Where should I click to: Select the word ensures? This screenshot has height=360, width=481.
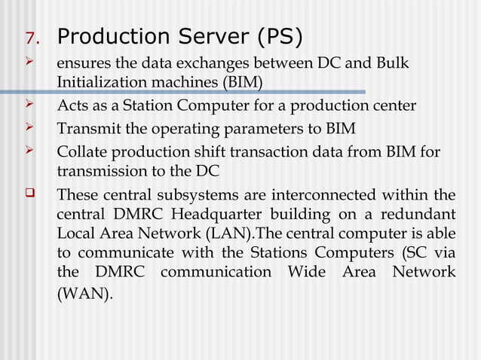pos(84,63)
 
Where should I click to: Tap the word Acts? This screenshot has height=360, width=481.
pos(71,105)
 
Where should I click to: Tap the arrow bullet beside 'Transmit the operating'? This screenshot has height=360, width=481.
pos(30,127)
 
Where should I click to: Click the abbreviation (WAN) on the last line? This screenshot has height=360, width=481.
pos(84,293)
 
